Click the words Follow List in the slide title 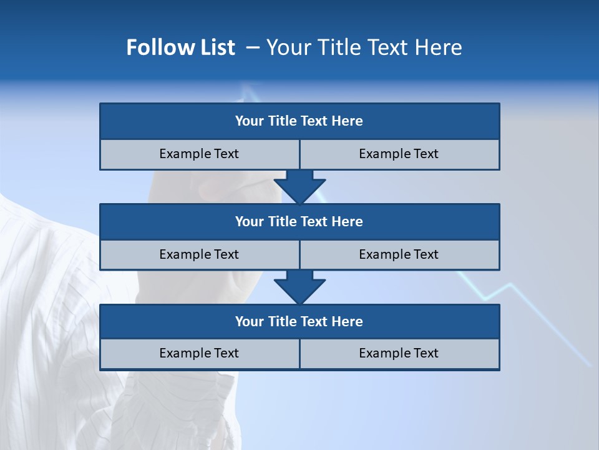click(x=180, y=47)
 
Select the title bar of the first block click(x=299, y=121)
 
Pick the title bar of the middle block click(x=299, y=221)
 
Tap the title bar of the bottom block click(x=299, y=321)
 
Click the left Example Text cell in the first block click(x=199, y=154)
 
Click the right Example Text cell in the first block click(x=399, y=154)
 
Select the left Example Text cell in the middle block click(x=199, y=254)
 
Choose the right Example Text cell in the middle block click(x=399, y=254)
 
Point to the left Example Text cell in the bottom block click(x=199, y=353)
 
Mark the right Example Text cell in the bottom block click(x=399, y=353)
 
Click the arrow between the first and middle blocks click(x=299, y=186)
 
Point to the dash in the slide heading click(x=253, y=47)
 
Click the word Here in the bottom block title click(x=347, y=321)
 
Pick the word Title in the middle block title click(x=282, y=221)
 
